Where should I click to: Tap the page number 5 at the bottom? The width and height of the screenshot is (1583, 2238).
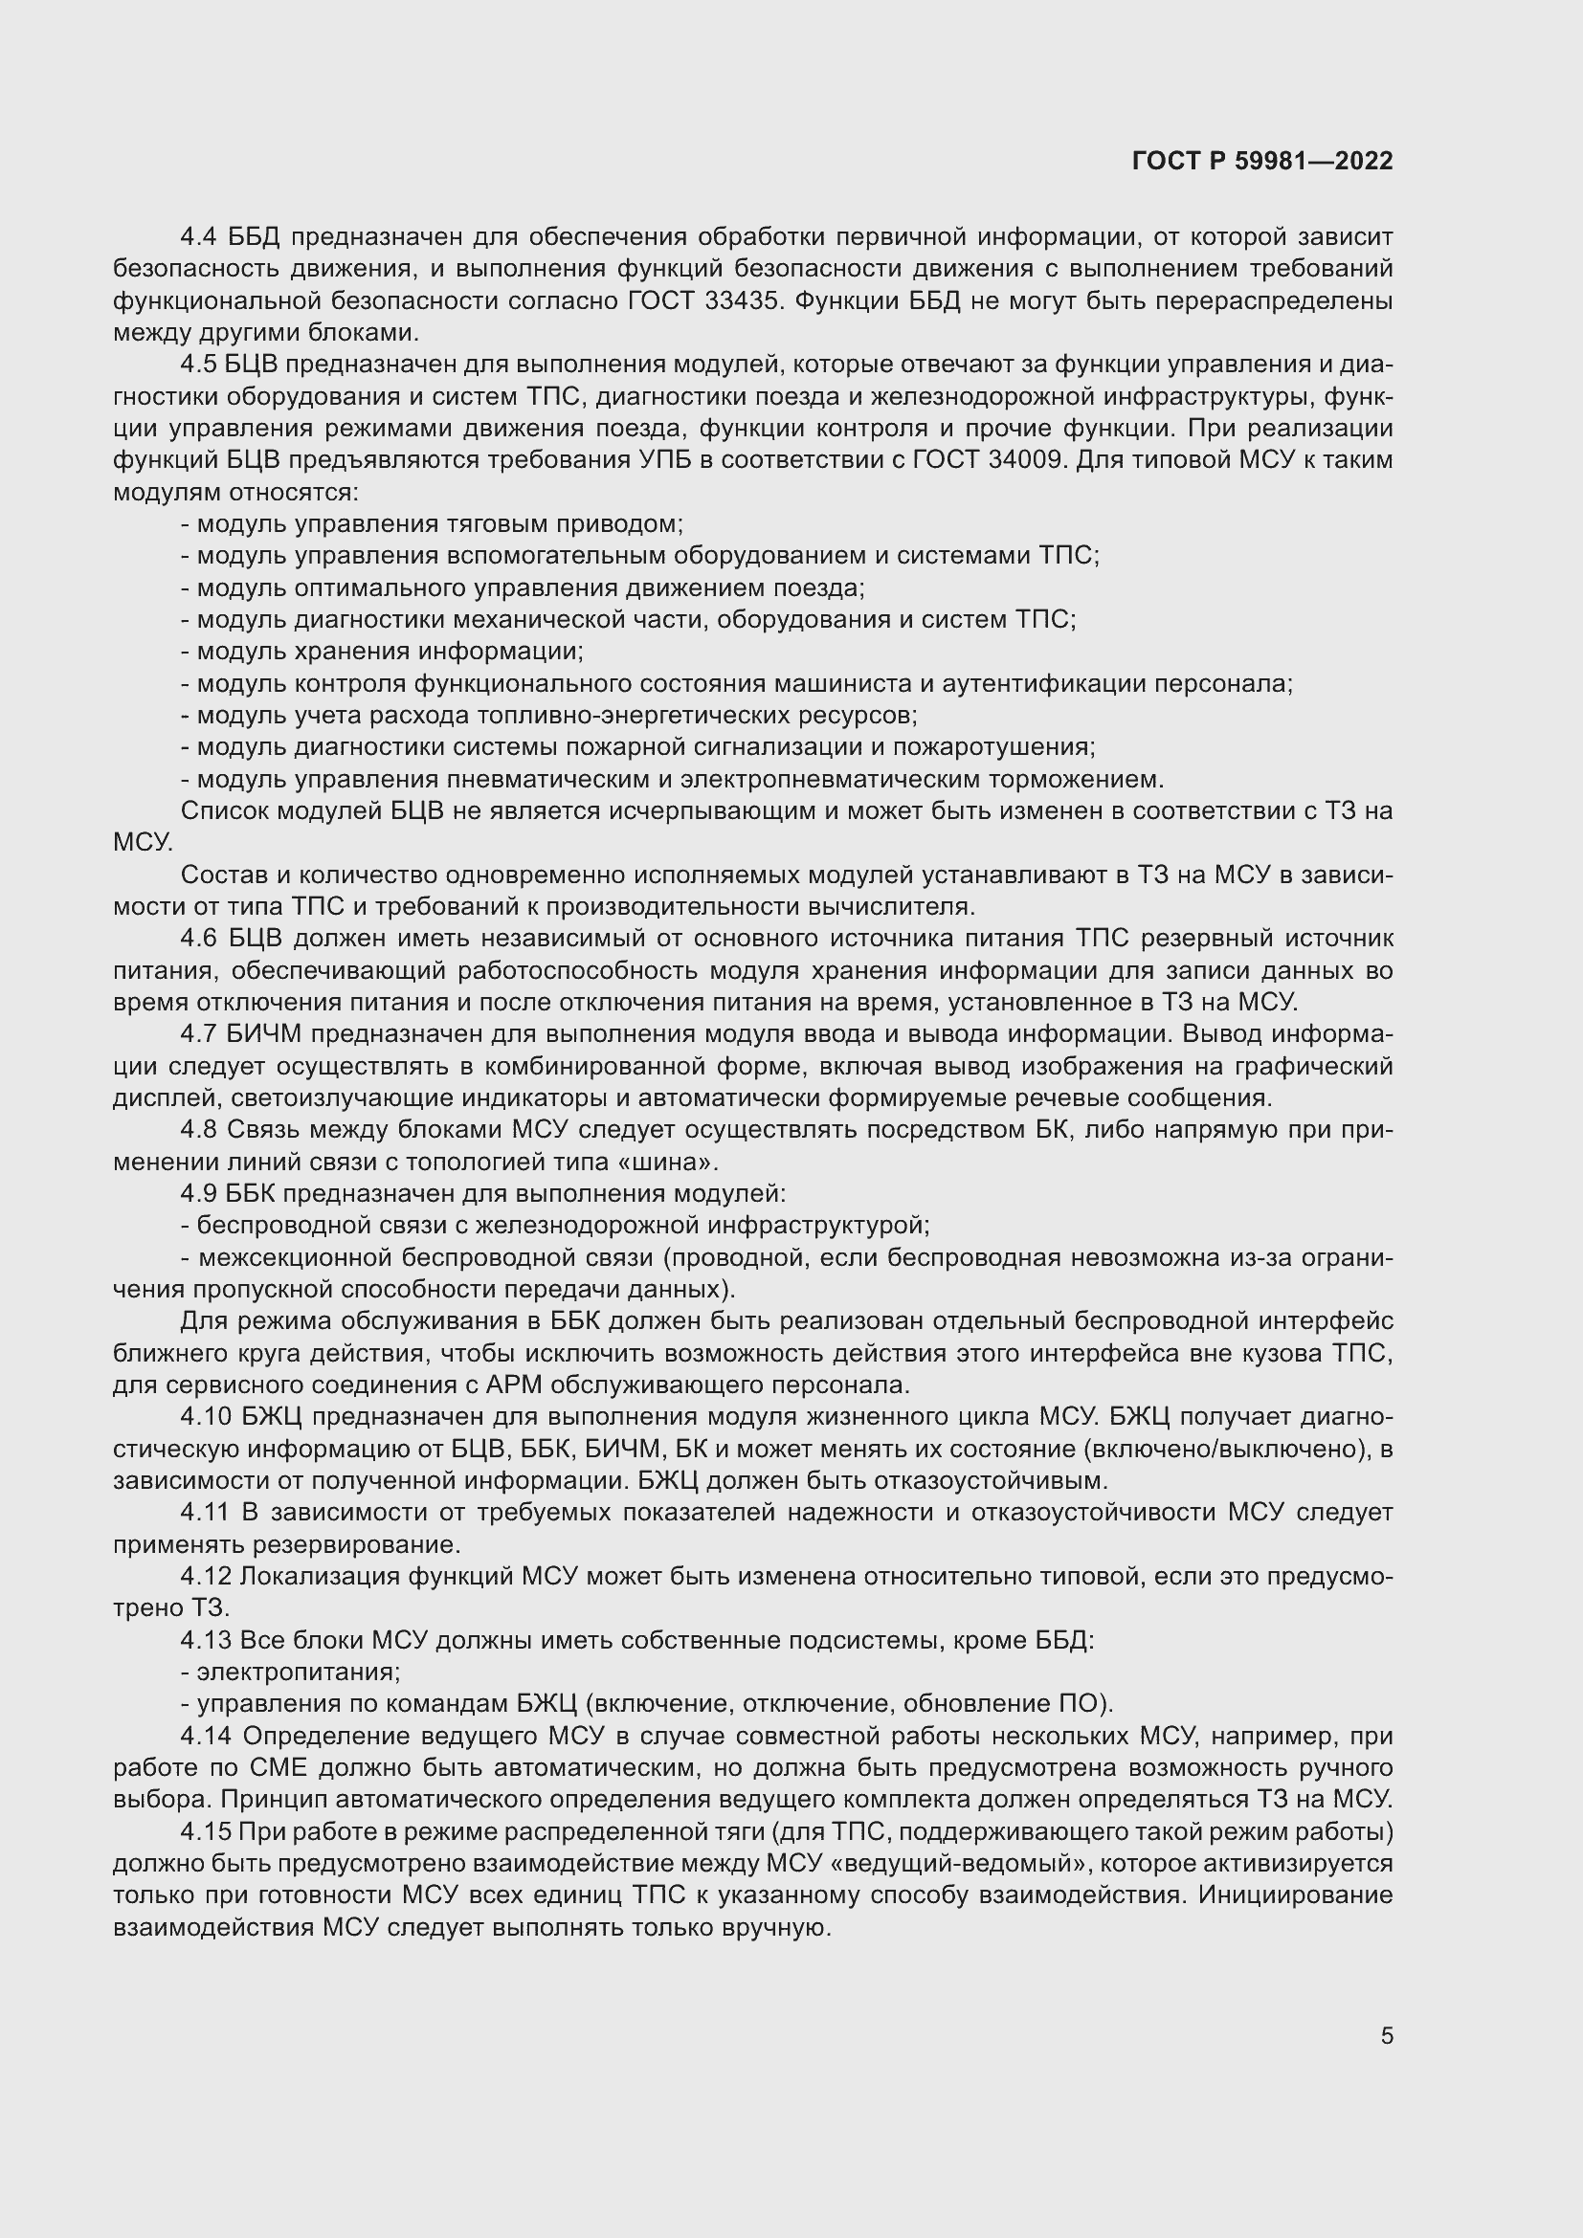point(1386,2035)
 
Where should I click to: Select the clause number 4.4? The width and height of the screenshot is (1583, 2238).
point(200,237)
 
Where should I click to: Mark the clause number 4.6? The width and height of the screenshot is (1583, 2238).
point(200,939)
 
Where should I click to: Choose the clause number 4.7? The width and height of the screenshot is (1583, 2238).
point(200,1034)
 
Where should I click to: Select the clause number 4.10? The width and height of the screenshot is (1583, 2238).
point(206,1417)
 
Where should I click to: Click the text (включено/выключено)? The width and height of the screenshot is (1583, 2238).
point(1200,1450)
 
